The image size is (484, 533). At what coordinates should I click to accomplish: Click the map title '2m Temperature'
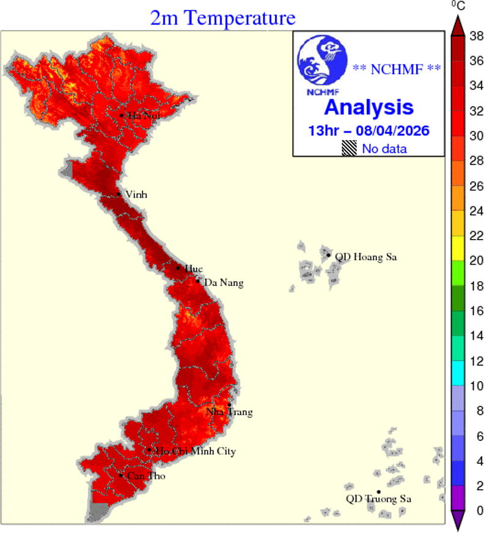pos(223,18)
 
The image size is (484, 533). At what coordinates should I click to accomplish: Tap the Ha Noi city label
pos(139,116)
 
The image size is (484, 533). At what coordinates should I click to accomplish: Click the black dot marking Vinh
pos(119,195)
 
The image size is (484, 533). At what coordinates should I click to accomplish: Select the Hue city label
pos(193,269)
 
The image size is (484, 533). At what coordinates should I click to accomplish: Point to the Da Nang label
pos(223,283)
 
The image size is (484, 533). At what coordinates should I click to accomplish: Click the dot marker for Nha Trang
pos(229,405)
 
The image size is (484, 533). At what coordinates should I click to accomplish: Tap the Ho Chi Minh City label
pos(195,452)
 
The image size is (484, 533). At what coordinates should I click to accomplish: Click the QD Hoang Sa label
pos(366,257)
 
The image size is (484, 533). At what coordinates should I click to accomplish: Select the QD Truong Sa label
pos(378,499)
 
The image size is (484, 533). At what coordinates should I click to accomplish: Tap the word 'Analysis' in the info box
pos(369,108)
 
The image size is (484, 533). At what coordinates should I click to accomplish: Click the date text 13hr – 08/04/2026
pos(369,131)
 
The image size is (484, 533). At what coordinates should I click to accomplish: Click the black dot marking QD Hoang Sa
pos(329,255)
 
